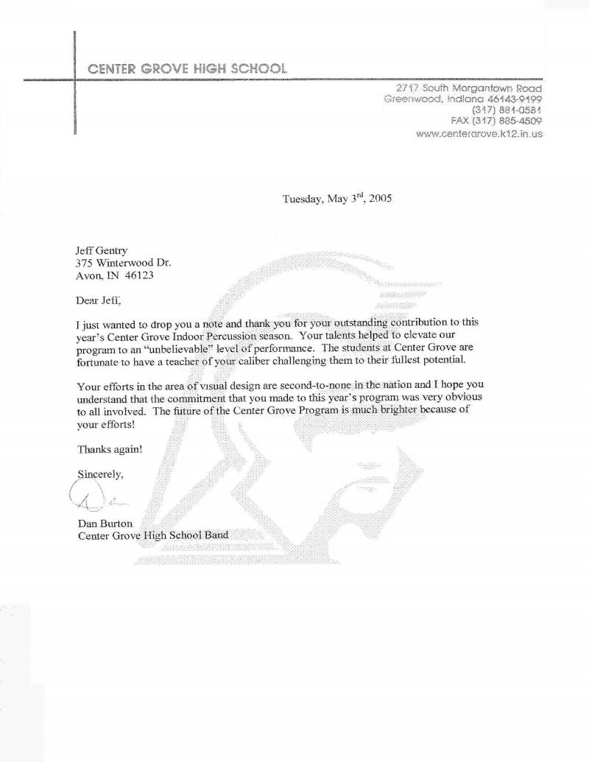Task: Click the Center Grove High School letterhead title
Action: [x=187, y=69]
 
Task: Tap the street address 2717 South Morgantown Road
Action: [x=469, y=88]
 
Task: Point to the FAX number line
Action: [x=496, y=121]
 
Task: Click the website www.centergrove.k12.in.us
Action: [x=479, y=134]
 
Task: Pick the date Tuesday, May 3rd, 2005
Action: [x=337, y=199]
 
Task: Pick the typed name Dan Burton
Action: [x=105, y=523]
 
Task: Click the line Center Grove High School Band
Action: [x=153, y=535]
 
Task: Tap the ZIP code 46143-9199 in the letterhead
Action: [x=509, y=99]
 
